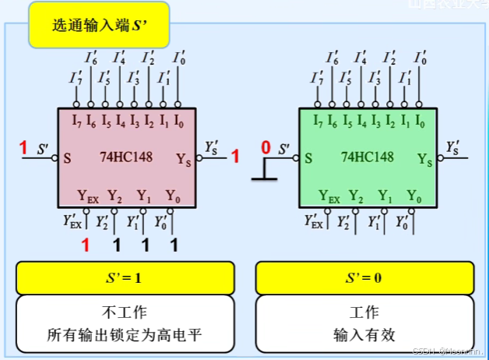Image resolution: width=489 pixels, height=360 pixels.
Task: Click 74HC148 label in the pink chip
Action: [x=126, y=157]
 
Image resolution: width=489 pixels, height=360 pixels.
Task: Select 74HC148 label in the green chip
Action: [x=367, y=157]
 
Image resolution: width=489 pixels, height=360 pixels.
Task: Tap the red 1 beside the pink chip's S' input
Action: [x=23, y=148]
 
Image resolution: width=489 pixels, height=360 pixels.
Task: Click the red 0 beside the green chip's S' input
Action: [x=266, y=148]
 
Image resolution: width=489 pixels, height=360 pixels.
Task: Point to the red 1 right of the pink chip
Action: [x=234, y=157]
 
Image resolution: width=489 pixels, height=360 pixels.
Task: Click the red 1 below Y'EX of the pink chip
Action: [x=86, y=246]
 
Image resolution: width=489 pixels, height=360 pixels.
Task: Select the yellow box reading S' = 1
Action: [x=125, y=278]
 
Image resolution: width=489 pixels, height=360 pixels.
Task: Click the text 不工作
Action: [x=125, y=312]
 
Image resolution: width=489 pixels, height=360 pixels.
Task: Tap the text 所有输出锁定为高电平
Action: [x=125, y=336]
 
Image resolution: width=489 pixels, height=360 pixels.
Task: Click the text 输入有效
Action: [x=364, y=336]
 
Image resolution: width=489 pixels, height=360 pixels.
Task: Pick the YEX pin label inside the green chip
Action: [x=329, y=196]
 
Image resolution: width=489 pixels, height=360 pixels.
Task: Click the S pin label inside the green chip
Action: [x=308, y=158]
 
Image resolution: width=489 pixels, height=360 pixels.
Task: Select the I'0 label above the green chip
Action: [x=420, y=58]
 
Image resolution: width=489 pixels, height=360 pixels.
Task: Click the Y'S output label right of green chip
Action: [x=452, y=146]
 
